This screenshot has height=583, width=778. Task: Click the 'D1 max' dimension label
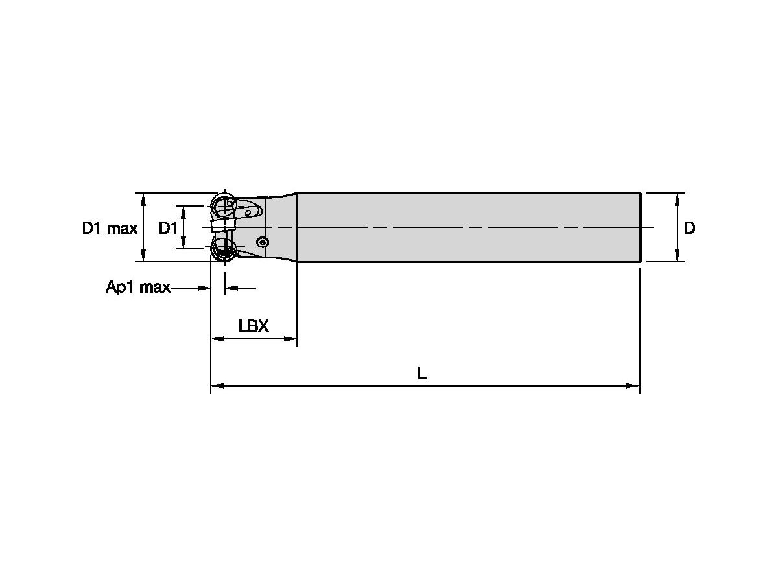[109, 228]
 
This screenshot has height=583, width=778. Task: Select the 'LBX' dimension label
[253, 326]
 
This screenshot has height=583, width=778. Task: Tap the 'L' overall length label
[421, 373]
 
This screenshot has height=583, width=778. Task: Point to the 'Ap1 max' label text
[137, 288]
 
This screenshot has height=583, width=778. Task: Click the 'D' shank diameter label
[690, 228]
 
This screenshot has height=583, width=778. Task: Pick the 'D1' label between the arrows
[169, 228]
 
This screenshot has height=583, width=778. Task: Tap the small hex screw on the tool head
[262, 242]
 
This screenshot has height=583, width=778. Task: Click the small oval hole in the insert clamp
[248, 212]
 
